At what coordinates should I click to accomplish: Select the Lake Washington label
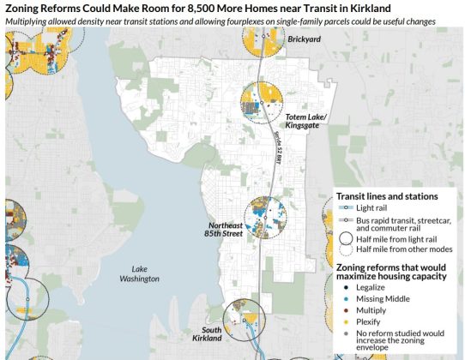140,273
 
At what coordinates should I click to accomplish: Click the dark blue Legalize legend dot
343,287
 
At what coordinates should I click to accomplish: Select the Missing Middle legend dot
343,297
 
